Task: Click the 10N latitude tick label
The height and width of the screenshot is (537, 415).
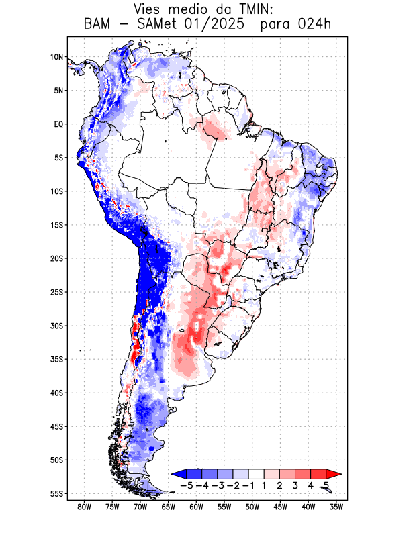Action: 56,57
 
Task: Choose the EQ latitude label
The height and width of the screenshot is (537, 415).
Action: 58,124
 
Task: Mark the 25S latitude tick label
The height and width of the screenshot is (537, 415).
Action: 56,292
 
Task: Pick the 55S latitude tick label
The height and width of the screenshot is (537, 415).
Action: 56,493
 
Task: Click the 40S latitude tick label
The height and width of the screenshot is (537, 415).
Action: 56,393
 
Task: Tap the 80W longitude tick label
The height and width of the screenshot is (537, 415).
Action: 85,507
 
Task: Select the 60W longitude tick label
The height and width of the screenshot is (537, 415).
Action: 197,507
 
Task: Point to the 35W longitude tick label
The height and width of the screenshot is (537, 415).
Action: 336,507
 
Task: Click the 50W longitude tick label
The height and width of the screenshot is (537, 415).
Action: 252,507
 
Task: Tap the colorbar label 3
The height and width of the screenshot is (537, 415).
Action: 295,485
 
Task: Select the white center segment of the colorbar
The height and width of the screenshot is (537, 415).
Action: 257,474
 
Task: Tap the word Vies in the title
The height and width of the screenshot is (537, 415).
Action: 148,9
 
